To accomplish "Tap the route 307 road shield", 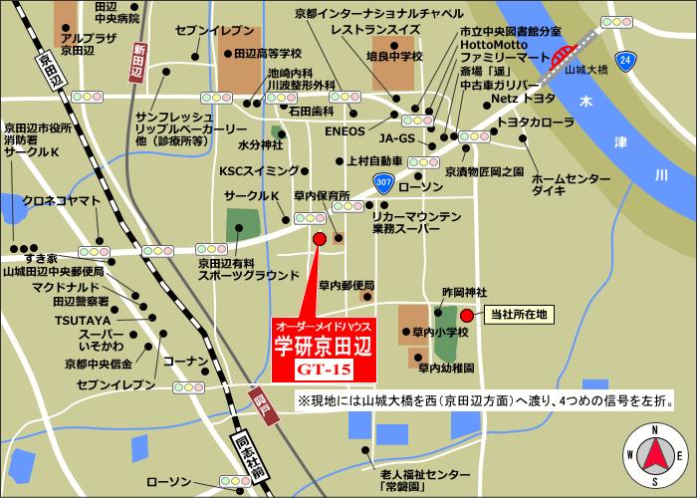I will (384, 181).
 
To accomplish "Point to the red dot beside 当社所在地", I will (467, 316).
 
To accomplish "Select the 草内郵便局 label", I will (344, 286).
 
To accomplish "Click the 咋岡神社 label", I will (463, 292).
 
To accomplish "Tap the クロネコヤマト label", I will (61, 200).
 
